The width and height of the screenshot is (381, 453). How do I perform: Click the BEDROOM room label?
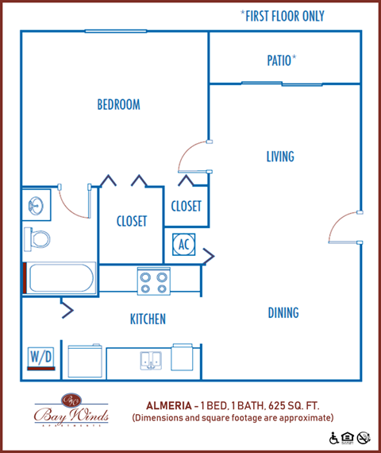click(x=118, y=105)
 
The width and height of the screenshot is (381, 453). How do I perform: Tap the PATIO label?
click(x=281, y=60)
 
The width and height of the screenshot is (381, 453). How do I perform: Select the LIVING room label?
click(x=280, y=157)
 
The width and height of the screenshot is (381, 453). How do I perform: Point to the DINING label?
click(x=283, y=313)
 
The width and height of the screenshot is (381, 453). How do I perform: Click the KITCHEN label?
click(x=148, y=319)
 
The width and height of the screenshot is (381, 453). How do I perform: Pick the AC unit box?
click(x=183, y=244)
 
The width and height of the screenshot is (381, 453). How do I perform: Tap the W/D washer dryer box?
click(x=40, y=358)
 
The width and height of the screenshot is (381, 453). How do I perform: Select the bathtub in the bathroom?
click(x=60, y=279)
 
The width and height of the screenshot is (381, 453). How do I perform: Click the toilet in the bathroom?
click(x=37, y=237)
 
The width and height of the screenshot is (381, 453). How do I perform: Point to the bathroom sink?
click(x=35, y=206)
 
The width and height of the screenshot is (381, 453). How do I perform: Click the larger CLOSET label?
click(x=131, y=222)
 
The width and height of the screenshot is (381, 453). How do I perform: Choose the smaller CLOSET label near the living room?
click(x=187, y=206)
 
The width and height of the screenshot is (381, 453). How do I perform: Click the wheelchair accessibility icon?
click(x=334, y=438)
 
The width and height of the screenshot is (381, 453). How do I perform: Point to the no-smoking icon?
click(x=364, y=438)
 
